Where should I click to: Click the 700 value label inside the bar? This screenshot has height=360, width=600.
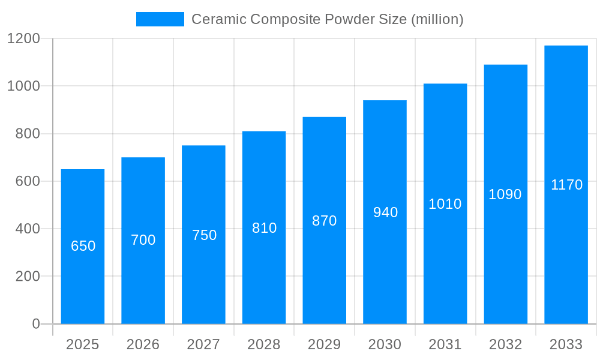coord(143,240)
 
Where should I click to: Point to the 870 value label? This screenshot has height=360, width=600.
coord(325,221)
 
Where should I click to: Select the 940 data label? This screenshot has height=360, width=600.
coord(385,212)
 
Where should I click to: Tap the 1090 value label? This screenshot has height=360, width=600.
coord(505,194)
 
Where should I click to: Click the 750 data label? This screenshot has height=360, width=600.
coord(204,235)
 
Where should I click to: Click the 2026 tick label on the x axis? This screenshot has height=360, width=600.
coord(143,344)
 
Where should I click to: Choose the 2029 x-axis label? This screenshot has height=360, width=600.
coord(325,344)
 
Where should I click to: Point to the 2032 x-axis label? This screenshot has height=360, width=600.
coord(505,344)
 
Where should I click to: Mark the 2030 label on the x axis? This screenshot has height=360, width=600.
coord(385,344)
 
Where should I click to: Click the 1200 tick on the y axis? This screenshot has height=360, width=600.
coord(23,38)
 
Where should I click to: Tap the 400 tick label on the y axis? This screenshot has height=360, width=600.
coord(27,229)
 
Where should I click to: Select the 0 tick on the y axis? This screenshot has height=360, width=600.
coord(35,324)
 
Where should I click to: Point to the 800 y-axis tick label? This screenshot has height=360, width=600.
coord(27,134)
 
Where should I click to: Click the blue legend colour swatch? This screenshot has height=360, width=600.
coord(160,19)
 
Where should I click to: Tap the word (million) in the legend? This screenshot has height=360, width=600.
coord(437,19)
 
